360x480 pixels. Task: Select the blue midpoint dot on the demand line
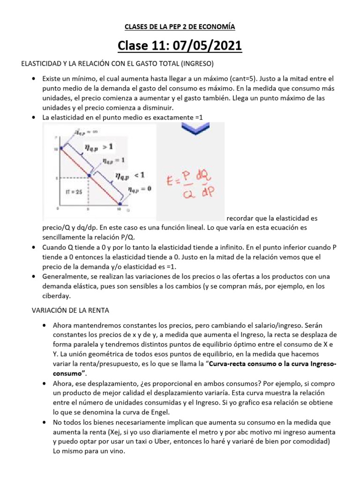pos(89,176)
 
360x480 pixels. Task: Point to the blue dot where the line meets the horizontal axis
pos(120,204)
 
